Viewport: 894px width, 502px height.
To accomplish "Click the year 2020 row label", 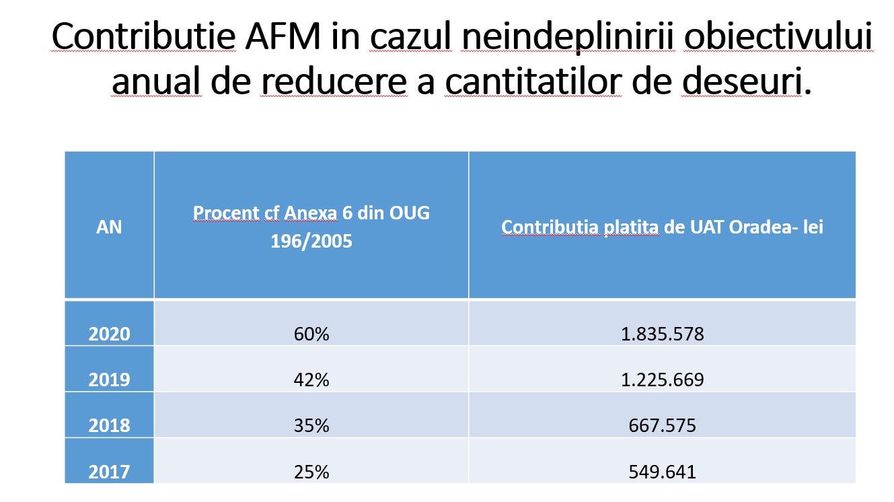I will coord(110,334).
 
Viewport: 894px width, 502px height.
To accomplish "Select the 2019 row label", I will coord(110,380).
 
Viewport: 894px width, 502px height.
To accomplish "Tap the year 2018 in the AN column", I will coord(110,426).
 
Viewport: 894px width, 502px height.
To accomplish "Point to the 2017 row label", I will coord(110,472).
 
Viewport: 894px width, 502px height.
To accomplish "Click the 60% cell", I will coord(311,334).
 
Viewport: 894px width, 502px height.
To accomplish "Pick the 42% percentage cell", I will coord(311,380).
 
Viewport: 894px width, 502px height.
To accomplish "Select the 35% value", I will coord(311,426).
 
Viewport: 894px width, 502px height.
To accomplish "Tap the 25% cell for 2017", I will coord(311,472).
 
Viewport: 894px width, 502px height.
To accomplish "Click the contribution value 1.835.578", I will coord(662,334).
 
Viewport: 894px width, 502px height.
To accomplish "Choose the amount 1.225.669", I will coord(662,380).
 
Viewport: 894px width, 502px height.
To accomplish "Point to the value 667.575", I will coord(662,426).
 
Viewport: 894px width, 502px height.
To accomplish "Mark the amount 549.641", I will coord(662,472).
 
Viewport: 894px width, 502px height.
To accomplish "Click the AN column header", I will coord(110,227).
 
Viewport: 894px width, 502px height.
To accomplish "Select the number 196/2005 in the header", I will coord(311,241).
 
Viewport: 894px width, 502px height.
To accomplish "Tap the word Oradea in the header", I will coord(746,227).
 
